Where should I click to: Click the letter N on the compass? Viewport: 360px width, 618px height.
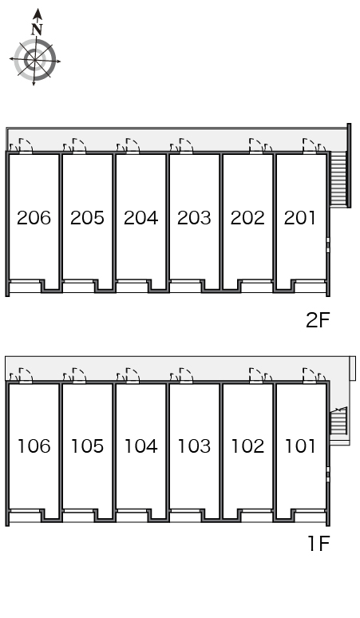[37, 30]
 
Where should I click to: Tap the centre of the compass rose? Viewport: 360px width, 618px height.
[35, 60]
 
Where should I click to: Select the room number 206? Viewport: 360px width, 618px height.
[34, 217]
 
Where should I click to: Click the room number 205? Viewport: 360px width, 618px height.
[87, 217]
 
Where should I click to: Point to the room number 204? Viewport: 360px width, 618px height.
[140, 217]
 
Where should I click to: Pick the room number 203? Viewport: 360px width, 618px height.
[194, 217]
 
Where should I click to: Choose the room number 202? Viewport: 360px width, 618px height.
[247, 217]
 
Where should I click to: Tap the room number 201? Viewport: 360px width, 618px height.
[300, 217]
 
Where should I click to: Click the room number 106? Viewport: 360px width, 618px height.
[34, 446]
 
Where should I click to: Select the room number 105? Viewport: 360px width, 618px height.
[88, 446]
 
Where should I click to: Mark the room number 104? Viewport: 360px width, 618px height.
[141, 446]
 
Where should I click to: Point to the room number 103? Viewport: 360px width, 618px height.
[194, 446]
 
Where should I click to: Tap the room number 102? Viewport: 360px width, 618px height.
[247, 446]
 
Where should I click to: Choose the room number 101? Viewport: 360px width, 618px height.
[300, 446]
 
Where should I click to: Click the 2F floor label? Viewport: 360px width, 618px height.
[318, 320]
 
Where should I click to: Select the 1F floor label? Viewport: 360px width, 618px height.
[318, 544]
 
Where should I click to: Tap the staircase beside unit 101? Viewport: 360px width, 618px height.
[338, 422]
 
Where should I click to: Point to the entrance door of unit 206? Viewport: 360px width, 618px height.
[26, 145]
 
